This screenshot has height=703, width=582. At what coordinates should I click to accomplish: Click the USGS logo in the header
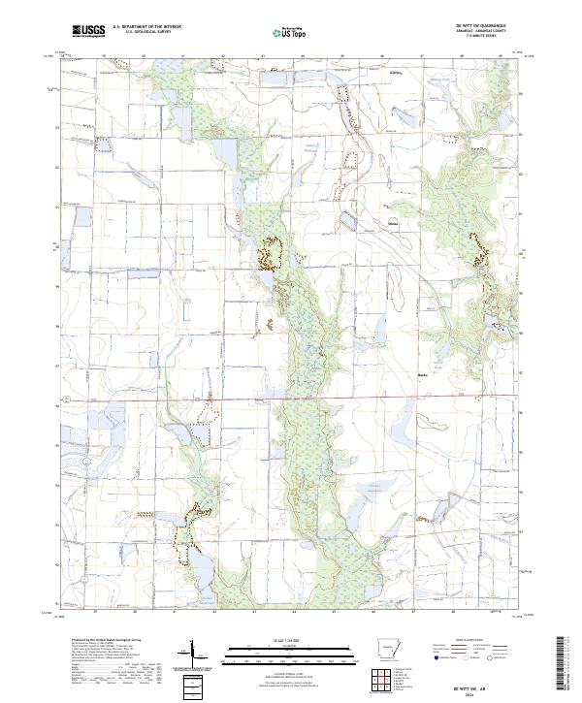click(x=88, y=32)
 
